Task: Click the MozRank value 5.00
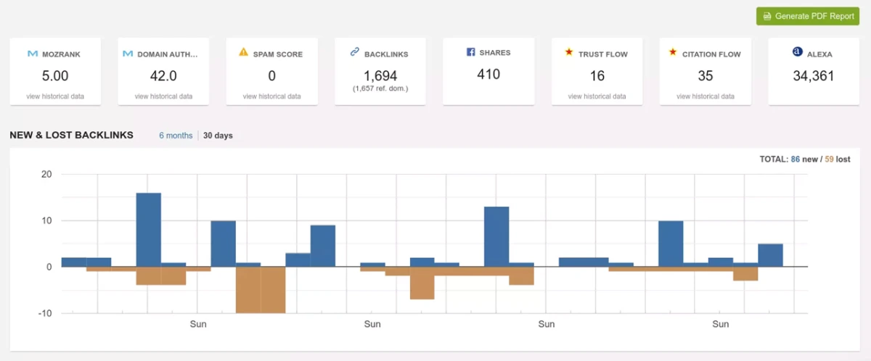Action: [55, 75]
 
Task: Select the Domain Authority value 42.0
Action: [163, 75]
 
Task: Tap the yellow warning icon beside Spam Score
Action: [244, 52]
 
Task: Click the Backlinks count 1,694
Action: [380, 75]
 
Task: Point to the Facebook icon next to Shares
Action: [470, 52]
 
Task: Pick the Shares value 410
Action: [488, 74]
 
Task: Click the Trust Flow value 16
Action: [597, 75]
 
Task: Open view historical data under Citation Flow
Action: [706, 96]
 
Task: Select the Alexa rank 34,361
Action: [814, 75]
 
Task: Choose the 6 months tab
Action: [176, 136]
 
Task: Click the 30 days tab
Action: [218, 136]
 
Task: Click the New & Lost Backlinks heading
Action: [71, 135]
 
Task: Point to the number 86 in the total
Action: [795, 159]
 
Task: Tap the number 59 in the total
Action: [831, 159]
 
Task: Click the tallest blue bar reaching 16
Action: [149, 229]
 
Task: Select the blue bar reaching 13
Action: [496, 236]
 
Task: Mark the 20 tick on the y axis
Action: [47, 174]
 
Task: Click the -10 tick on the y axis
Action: [46, 313]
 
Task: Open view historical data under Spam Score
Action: [271, 96]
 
